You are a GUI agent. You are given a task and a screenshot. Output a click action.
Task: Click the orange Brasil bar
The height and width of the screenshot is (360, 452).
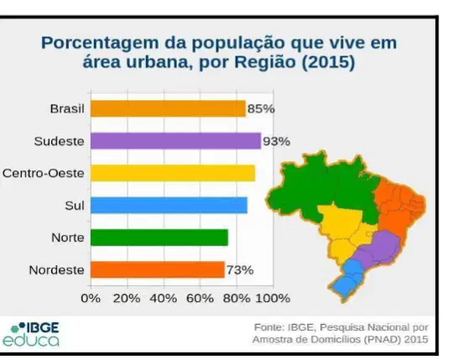168,108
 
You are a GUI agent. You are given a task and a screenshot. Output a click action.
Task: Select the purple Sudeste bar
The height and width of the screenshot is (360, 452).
176,141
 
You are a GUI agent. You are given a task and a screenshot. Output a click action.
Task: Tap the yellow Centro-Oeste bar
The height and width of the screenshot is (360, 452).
173,173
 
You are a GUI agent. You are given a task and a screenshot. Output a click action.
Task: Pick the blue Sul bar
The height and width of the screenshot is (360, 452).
169,206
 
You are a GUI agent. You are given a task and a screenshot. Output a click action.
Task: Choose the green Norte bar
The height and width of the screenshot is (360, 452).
159,237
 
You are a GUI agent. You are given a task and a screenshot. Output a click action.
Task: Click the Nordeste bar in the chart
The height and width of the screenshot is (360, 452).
158,269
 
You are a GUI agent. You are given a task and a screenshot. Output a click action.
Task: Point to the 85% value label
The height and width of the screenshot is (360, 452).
261,109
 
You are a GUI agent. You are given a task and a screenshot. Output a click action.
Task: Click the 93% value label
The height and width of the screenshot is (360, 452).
277,141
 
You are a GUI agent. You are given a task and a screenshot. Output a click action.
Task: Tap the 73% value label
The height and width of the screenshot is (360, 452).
240,270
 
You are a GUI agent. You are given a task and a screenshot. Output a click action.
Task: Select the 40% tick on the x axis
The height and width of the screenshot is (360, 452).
164,298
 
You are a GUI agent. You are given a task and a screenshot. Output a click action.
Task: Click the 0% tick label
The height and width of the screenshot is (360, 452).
91,298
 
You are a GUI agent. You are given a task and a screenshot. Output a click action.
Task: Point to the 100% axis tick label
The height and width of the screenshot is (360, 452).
273,298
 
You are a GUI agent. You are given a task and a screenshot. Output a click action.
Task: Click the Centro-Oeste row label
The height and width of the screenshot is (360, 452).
44,173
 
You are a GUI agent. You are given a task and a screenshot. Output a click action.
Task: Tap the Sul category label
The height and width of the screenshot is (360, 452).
75,206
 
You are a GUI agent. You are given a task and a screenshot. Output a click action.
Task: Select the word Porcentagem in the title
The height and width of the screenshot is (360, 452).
100,44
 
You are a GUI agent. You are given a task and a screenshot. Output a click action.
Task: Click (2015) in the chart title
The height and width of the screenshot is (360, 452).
328,62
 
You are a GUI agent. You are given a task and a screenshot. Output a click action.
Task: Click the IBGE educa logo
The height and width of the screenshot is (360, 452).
31,335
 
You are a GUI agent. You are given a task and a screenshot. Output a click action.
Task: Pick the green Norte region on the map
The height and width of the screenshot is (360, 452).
323,187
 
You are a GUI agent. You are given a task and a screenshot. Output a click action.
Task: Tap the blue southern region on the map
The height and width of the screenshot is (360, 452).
348,279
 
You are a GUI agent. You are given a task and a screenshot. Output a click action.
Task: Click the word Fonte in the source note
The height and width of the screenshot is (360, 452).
269,327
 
